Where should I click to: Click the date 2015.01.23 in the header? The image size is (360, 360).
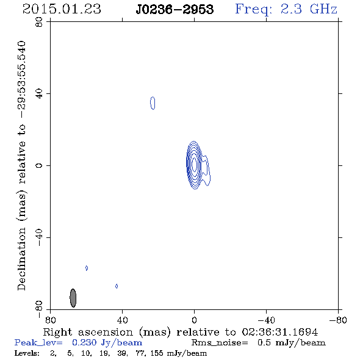pyautogui.click(x=62, y=9)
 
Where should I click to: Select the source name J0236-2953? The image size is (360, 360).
pyautogui.click(x=175, y=9)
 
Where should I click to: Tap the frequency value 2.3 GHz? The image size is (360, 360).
pyautogui.click(x=309, y=9)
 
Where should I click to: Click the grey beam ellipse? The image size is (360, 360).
pyautogui.click(x=73, y=298)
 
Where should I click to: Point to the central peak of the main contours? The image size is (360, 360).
pyautogui.click(x=194, y=165)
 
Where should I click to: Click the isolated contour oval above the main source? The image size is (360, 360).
pyautogui.click(x=153, y=103)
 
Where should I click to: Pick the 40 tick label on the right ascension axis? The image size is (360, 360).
pyautogui.click(x=122, y=320)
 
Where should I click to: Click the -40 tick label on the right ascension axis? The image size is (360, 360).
pyautogui.click(x=266, y=320)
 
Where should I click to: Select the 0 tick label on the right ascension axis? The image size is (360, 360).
pyautogui.click(x=194, y=320)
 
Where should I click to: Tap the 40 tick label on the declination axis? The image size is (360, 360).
pyautogui.click(x=39, y=94)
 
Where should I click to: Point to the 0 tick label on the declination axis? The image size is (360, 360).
pyautogui.click(x=39, y=165)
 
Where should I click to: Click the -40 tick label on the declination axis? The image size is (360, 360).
pyautogui.click(x=39, y=237)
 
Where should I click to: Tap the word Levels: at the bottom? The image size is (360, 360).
pyautogui.click(x=27, y=353)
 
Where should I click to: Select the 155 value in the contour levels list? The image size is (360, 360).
pyautogui.click(x=157, y=353)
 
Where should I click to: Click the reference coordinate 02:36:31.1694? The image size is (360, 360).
pyautogui.click(x=280, y=332)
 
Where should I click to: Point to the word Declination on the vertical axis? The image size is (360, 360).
pyautogui.click(x=21, y=259)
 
